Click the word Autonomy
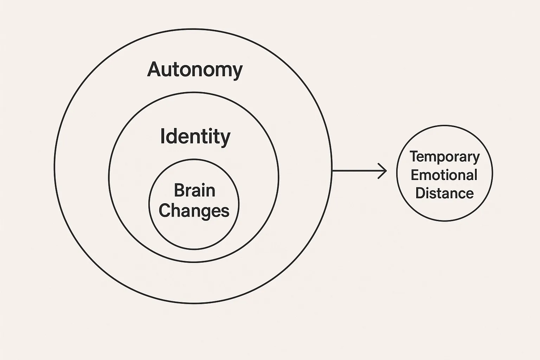[195, 70]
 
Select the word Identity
[195, 136]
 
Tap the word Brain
[194, 191]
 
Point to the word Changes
[194, 211]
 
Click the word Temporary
[444, 157]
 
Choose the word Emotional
[444, 175]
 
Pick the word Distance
[444, 193]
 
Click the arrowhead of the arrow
[383, 171]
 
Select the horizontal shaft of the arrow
[355, 171]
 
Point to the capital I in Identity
[162, 136]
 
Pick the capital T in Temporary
[414, 156]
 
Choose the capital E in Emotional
[415, 175]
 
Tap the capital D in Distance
[420, 193]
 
